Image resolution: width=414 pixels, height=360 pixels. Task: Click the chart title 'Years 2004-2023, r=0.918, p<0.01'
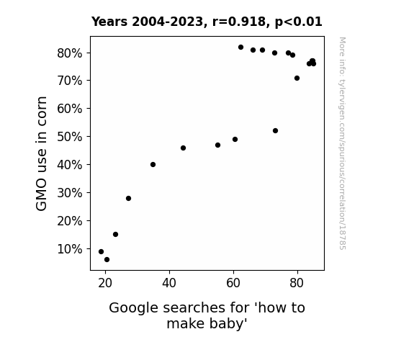point(207,22)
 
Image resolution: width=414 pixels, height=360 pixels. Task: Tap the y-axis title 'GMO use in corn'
point(41,153)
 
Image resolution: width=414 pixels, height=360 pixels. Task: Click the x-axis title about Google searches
point(207,315)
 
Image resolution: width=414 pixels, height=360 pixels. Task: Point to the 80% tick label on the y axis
point(69,53)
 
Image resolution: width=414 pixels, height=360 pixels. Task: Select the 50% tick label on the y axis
point(69,137)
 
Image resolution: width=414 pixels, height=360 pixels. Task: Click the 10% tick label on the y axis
point(69,249)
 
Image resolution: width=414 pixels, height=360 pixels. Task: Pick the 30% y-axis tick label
point(69,193)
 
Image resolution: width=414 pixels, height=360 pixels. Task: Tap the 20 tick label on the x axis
point(105,283)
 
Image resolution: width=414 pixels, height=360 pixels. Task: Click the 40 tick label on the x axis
point(169,283)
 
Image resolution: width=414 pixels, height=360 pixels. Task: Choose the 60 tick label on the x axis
point(233,283)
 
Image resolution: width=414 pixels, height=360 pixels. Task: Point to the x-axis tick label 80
point(297,283)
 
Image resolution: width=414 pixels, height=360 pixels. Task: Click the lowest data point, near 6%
point(107,260)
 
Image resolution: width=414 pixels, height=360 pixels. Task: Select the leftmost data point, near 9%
point(101,252)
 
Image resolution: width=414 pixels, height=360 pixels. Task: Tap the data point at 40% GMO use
point(153,165)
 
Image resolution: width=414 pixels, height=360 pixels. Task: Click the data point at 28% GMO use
point(129,198)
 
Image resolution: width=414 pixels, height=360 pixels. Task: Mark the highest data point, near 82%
point(240,48)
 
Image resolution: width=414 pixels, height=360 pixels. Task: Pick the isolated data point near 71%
point(297,78)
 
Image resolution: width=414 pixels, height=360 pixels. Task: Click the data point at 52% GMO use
point(275,131)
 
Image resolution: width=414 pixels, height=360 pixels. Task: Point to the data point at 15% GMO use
point(116,234)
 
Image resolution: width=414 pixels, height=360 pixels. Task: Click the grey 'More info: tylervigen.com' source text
point(343,143)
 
